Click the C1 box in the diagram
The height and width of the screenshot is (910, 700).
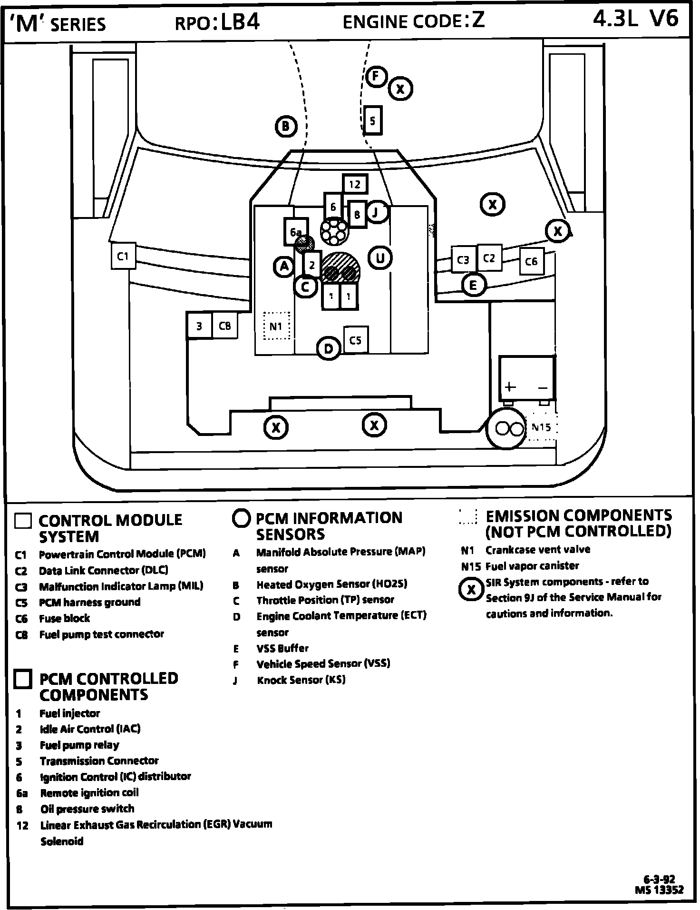point(123,256)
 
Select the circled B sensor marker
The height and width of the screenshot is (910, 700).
point(286,126)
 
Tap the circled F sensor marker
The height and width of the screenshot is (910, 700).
point(376,76)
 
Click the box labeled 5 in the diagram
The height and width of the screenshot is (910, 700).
point(372,121)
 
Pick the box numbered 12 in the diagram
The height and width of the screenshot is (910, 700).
point(355,184)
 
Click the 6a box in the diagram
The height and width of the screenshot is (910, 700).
point(296,231)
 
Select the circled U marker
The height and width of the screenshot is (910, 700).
point(380,258)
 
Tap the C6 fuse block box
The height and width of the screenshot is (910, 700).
point(531,261)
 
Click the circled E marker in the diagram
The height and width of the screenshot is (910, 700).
point(473,285)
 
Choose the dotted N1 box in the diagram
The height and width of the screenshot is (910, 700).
point(276,326)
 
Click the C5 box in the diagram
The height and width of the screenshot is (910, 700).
point(355,340)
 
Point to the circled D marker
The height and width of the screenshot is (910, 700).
point(328,348)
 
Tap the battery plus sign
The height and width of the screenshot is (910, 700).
point(510,386)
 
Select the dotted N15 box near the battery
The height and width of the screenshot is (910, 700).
point(541,427)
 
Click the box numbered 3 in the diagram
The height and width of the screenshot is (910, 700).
point(199,326)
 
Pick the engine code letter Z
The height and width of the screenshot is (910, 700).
point(478,20)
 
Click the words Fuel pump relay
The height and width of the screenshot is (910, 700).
point(79,745)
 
